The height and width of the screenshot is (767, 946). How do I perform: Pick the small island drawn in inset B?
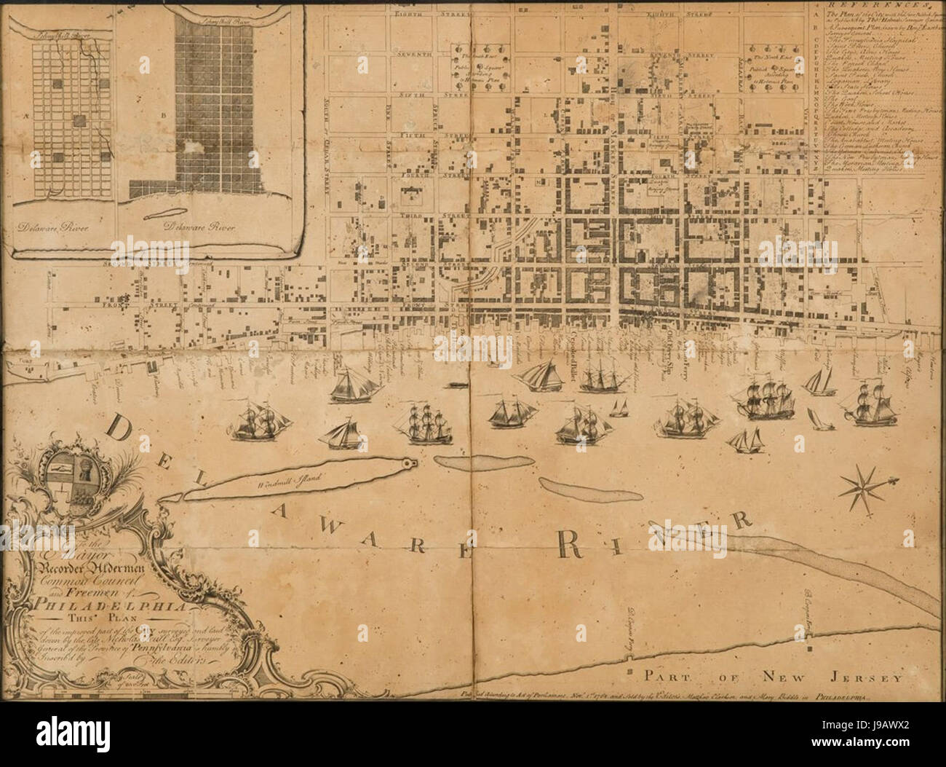[172, 211]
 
